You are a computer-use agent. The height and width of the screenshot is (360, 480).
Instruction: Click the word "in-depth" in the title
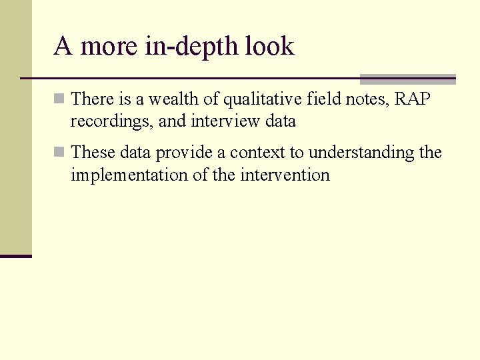pyautogui.click(x=194, y=47)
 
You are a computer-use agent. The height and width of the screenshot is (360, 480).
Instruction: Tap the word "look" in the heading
pyautogui.click(x=269, y=47)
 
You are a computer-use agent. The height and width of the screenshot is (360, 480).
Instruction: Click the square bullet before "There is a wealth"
pyautogui.click(x=59, y=99)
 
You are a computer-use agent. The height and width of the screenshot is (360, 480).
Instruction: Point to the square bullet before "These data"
pyautogui.click(x=59, y=153)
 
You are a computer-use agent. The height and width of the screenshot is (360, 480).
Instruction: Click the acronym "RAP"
pyautogui.click(x=413, y=99)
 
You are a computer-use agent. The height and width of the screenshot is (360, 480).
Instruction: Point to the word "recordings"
pyautogui.click(x=110, y=122)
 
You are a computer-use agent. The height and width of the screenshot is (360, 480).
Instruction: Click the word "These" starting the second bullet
pyautogui.click(x=93, y=153)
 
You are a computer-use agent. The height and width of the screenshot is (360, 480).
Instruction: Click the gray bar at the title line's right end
pyautogui.click(x=407, y=79)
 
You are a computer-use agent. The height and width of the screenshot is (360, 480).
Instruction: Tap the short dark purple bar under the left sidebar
pyautogui.click(x=15, y=256)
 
